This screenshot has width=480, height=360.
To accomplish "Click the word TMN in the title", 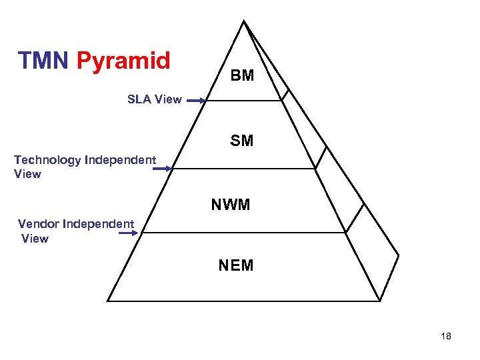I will click(x=44, y=61).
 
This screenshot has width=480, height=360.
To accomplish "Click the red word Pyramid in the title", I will click(x=123, y=61).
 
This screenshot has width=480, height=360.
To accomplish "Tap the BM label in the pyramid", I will click(x=243, y=76).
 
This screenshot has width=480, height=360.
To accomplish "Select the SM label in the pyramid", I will click(x=242, y=141).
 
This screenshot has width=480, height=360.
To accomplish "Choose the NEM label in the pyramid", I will click(x=236, y=266).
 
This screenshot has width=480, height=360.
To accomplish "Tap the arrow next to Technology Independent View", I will click(x=162, y=169).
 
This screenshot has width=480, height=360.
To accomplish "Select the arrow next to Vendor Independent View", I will click(x=133, y=233).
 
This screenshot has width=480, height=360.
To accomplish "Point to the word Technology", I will click(x=47, y=160).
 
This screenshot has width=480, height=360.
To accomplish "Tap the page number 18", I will click(x=446, y=336).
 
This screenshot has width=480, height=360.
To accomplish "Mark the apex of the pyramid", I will click(x=243, y=21).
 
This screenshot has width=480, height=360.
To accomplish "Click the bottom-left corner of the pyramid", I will click(x=107, y=301).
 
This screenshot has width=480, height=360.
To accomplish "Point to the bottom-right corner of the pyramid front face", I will click(x=380, y=301).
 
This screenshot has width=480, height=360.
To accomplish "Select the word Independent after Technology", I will click(x=120, y=160).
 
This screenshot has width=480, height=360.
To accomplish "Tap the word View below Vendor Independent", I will click(x=35, y=239).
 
